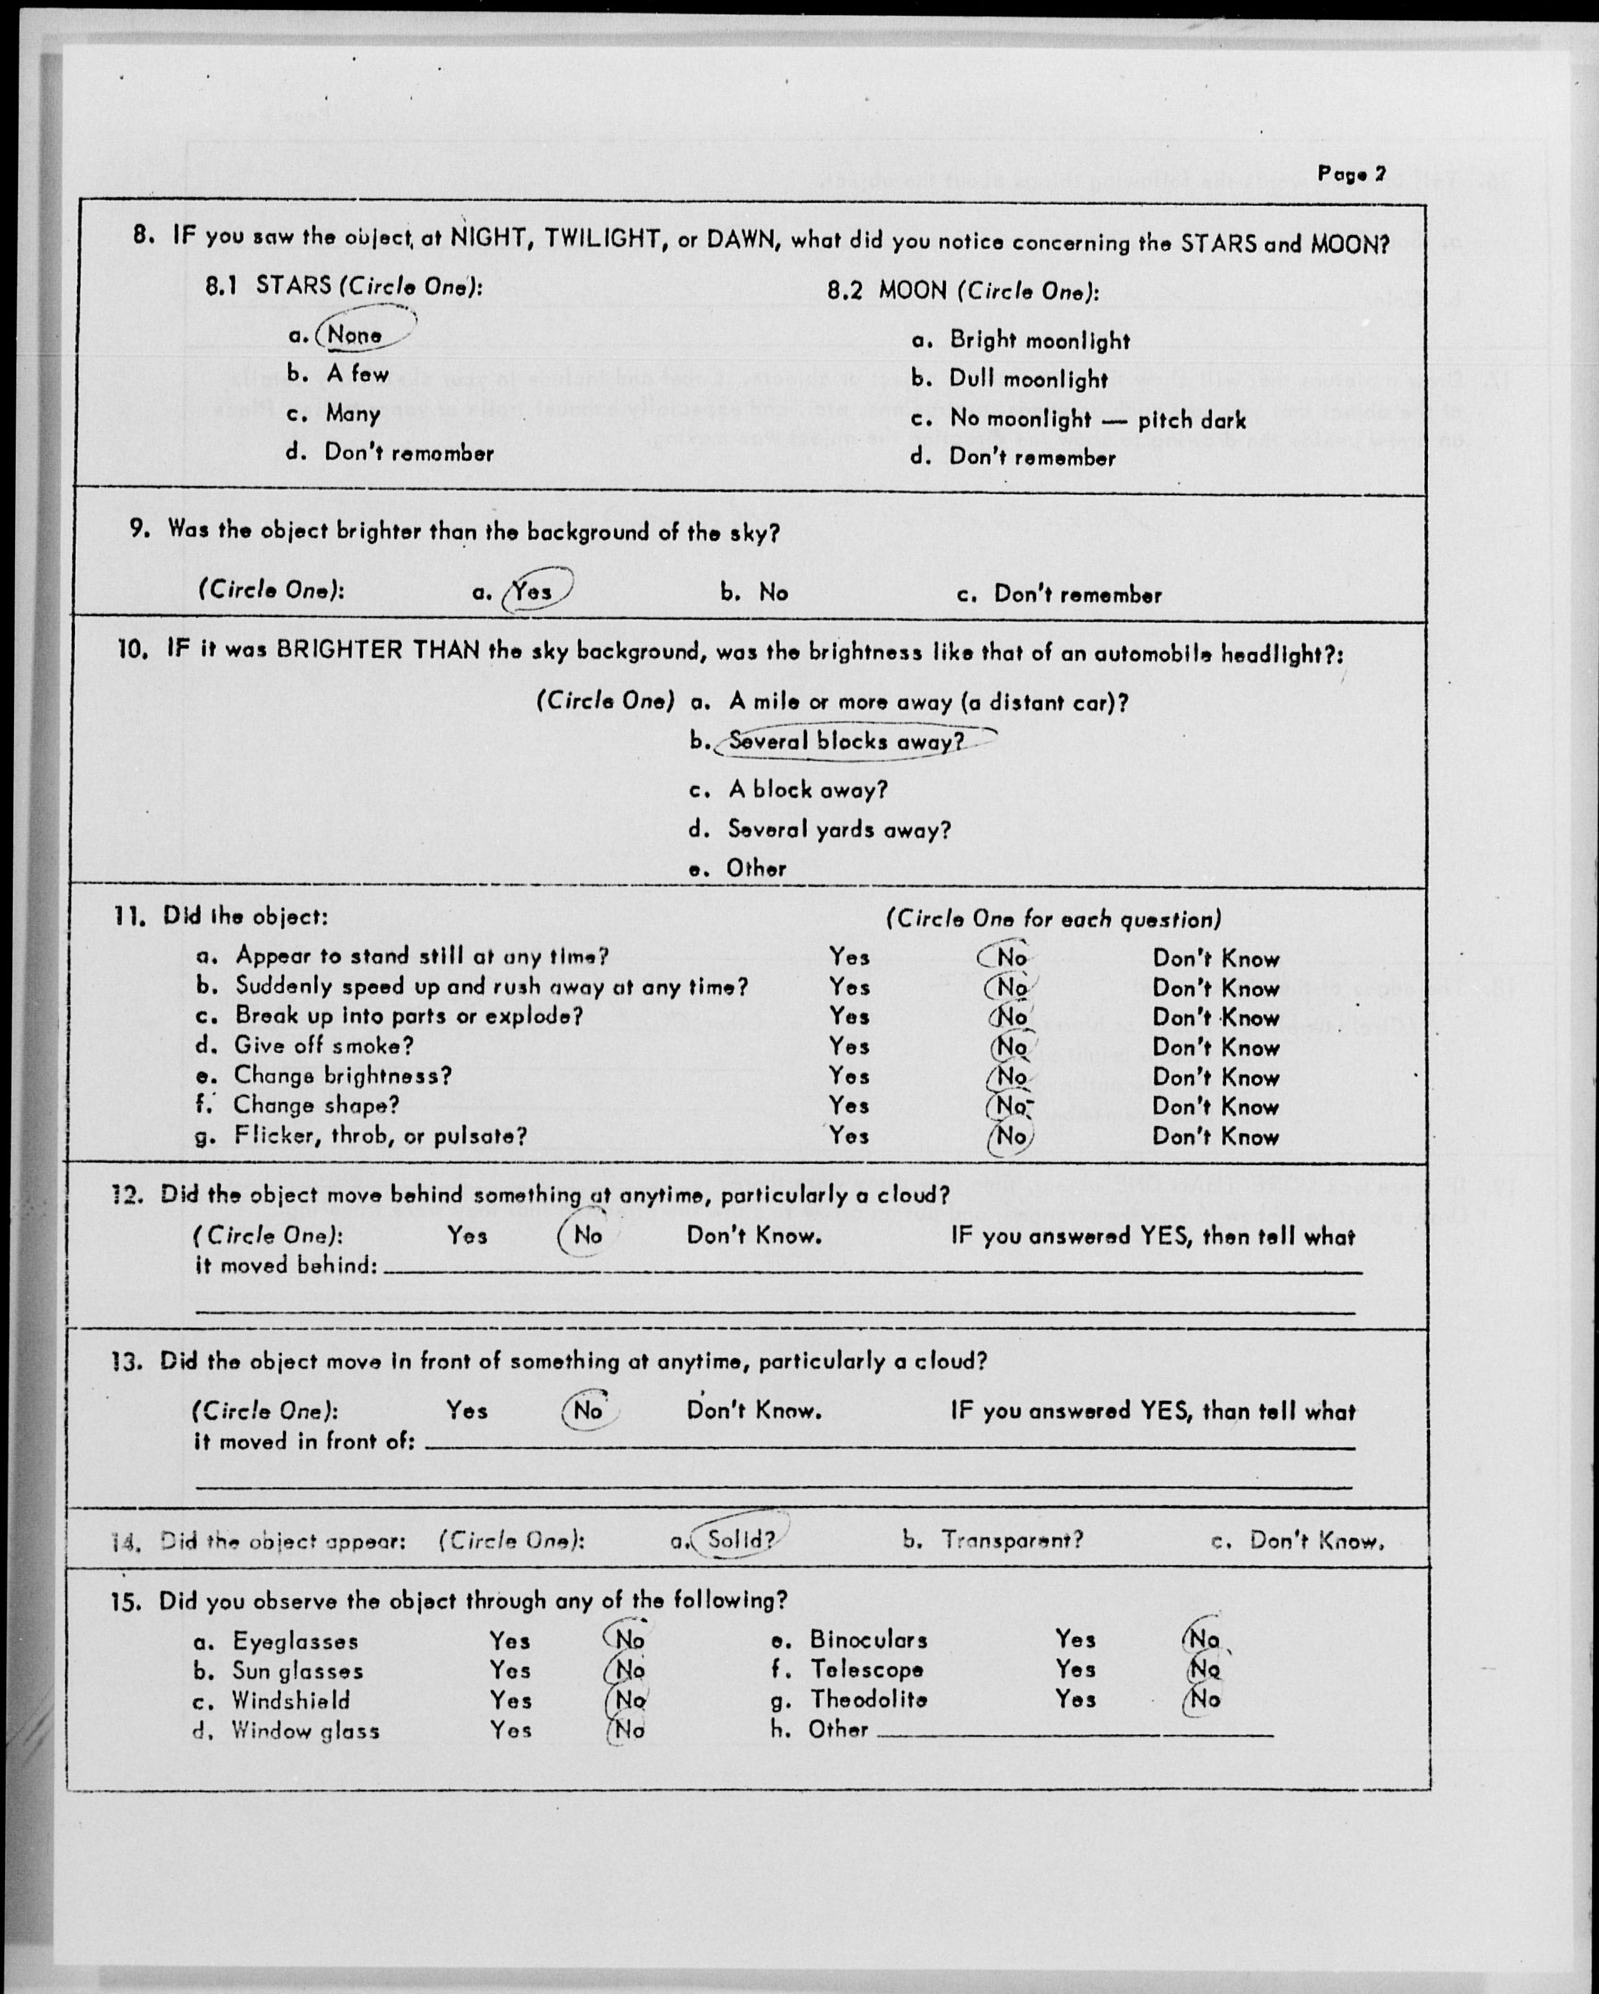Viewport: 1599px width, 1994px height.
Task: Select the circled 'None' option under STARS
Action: pyautogui.click(x=355, y=335)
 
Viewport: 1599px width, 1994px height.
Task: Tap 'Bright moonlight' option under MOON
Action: pyautogui.click(x=1039, y=340)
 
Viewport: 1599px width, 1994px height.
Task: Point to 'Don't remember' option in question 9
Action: pyautogui.click(x=1077, y=595)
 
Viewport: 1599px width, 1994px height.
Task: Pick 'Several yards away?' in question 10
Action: pyautogui.click(x=839, y=830)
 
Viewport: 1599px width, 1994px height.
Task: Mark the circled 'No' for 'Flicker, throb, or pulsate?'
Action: pyautogui.click(x=1011, y=1136)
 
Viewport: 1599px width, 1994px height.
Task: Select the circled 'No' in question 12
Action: pyautogui.click(x=587, y=1235)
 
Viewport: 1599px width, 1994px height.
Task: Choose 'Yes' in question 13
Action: pyautogui.click(x=467, y=1410)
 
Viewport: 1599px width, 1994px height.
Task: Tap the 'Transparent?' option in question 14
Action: pyautogui.click(x=1012, y=1541)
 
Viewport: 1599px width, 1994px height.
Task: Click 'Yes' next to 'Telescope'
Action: pyautogui.click(x=1076, y=1669)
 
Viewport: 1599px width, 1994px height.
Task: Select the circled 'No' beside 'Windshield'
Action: pyautogui.click(x=630, y=1700)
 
